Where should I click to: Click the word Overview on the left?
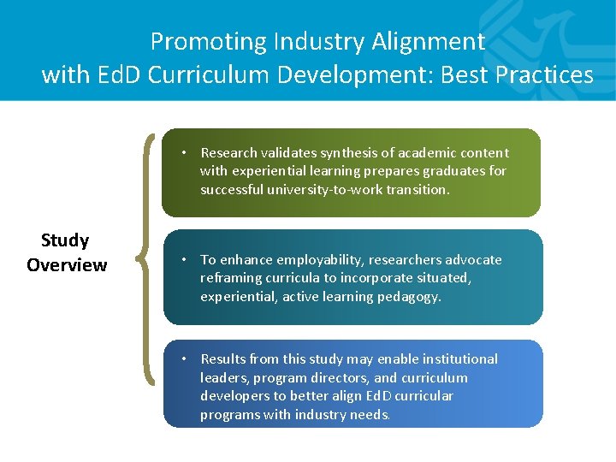[x=67, y=265]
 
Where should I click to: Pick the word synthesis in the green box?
[x=346, y=152]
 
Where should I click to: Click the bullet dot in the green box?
[x=184, y=152]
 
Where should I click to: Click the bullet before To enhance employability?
[x=184, y=259]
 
